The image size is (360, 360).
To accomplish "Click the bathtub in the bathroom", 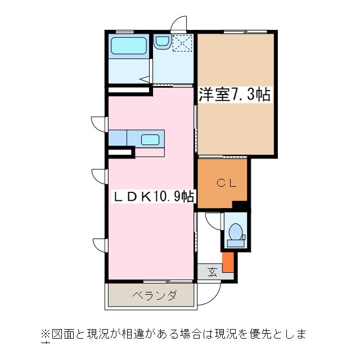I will pyautogui.click(x=129, y=46).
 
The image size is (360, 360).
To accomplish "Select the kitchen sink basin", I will pyautogui.click(x=150, y=139).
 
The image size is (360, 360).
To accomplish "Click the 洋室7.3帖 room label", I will pyautogui.click(x=234, y=95).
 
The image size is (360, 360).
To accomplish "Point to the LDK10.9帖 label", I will pyautogui.click(x=155, y=197).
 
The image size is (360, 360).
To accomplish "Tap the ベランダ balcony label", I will pyautogui.click(x=155, y=295).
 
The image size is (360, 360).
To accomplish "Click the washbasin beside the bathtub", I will pyautogui.click(x=163, y=41).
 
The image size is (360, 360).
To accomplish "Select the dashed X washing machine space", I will pyautogui.click(x=182, y=43).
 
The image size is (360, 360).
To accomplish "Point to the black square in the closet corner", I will pyautogui.click(x=240, y=205).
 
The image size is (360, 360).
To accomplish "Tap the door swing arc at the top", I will pyautogui.click(x=178, y=23).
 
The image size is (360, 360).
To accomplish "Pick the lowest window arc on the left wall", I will pyautogui.click(x=99, y=245).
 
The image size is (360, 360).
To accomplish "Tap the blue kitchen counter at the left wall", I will pyautogui.click(x=118, y=138).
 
